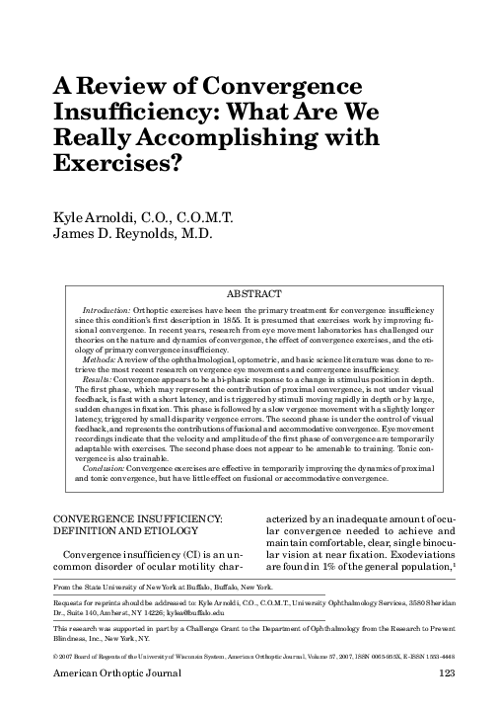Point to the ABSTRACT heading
pos(254,294)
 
